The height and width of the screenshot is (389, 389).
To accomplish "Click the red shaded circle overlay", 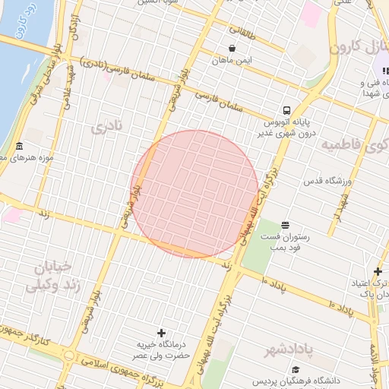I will tap(196, 194).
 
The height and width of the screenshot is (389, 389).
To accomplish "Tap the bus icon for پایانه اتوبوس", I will tap(286, 109).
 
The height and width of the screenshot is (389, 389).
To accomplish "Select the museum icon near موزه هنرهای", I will tap(19, 146).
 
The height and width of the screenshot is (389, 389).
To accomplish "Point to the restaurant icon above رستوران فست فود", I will tap(285, 224).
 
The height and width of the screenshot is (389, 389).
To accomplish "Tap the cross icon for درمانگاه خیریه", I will tap(161, 333).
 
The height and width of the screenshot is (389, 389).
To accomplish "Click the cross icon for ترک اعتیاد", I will tap(378, 271).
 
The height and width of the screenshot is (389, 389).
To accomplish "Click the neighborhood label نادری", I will tap(106, 127).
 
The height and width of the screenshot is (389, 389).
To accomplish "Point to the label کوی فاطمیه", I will tap(354, 144).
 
